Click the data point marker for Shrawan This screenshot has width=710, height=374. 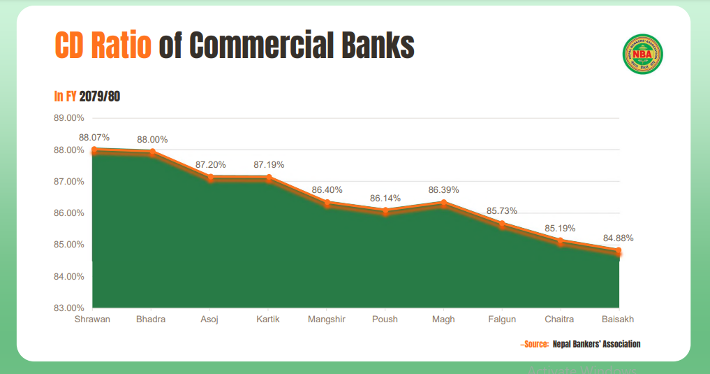tap(94, 150)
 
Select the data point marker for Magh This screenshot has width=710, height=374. tap(443, 203)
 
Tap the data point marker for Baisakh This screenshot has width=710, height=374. tap(619, 251)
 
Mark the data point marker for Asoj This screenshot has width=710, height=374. tap(210, 178)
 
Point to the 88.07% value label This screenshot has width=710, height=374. tap(94, 138)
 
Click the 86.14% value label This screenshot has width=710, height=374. tap(385, 199)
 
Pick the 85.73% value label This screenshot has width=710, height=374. tap(502, 211)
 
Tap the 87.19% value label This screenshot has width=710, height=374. tap(269, 165)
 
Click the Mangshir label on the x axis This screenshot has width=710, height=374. tap(327, 319)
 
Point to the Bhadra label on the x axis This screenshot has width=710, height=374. tap(151, 319)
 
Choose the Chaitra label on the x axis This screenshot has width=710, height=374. tap(560, 319)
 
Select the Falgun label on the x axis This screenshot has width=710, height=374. tap(502, 319)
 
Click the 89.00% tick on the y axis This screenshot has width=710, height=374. tap(69, 117)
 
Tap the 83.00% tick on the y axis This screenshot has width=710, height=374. tap(69, 308)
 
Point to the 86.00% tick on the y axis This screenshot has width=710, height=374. tap(69, 213)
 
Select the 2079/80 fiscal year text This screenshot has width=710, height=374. tap(100, 96)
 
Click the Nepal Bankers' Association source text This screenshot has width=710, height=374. tap(596, 344)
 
